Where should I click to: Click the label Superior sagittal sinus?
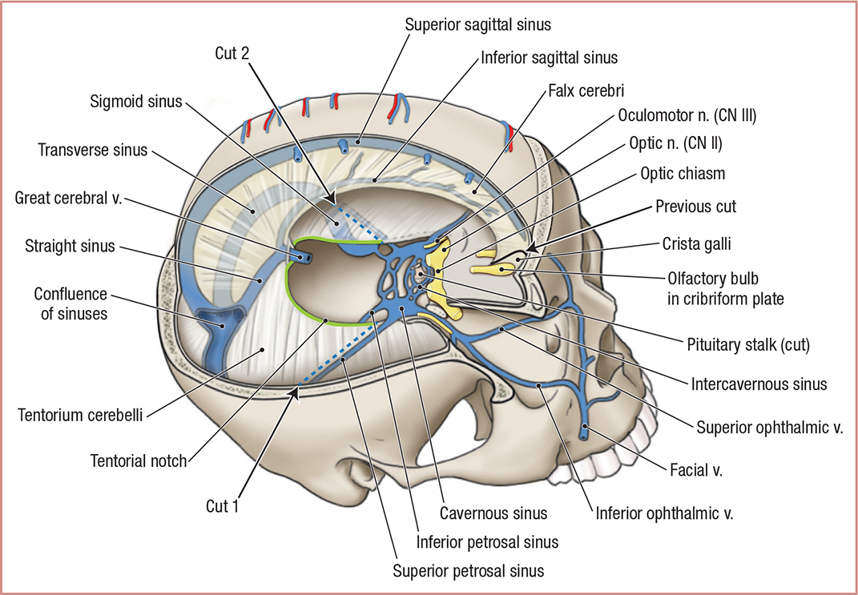point(477,24)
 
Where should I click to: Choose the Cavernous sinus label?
point(494,513)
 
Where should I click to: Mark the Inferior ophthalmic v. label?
point(664,511)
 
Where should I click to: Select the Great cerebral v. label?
point(67,198)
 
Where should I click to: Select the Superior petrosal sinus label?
point(468,571)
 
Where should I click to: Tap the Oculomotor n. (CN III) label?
point(687,115)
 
